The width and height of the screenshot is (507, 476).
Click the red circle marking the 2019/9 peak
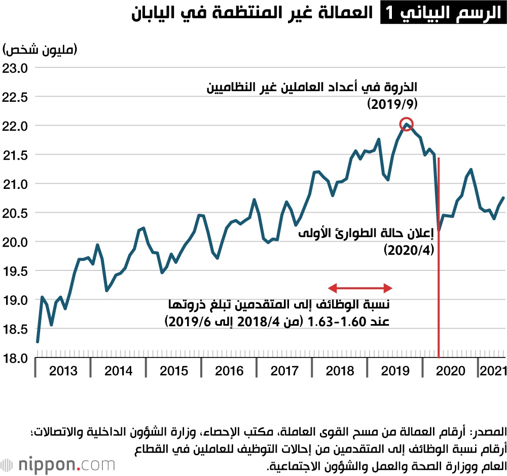click(x=407, y=124)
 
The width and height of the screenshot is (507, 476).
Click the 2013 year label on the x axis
click(x=63, y=371)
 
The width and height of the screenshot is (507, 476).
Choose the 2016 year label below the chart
click(x=229, y=371)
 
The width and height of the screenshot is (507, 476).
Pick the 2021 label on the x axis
click(x=493, y=371)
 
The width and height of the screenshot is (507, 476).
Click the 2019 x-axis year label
click(x=395, y=371)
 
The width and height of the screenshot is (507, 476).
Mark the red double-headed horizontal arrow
click(x=360, y=288)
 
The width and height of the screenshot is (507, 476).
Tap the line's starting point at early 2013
click(x=38, y=342)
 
